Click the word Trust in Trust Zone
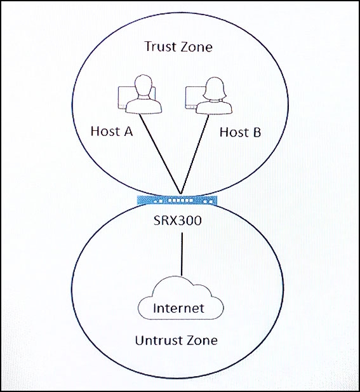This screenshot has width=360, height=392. click(x=160, y=46)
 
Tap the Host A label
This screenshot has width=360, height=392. click(x=112, y=131)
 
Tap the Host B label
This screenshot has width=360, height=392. click(x=241, y=132)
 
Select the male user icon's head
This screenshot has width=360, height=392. click(x=143, y=86)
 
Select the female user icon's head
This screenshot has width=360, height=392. click(x=215, y=88)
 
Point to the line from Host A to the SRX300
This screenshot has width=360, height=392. click(x=160, y=154)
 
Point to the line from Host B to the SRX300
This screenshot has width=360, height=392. click(x=195, y=154)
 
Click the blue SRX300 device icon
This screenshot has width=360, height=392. click(x=177, y=201)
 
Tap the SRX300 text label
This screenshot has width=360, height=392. click(x=177, y=220)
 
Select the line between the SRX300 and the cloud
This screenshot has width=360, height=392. click(x=182, y=254)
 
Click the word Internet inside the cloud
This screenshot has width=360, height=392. click(x=178, y=308)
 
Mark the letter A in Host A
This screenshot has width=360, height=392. click(x=128, y=132)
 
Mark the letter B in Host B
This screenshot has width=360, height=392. click(x=256, y=132)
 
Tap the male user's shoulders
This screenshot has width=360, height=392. click(x=143, y=105)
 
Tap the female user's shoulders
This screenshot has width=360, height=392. click(x=214, y=107)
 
